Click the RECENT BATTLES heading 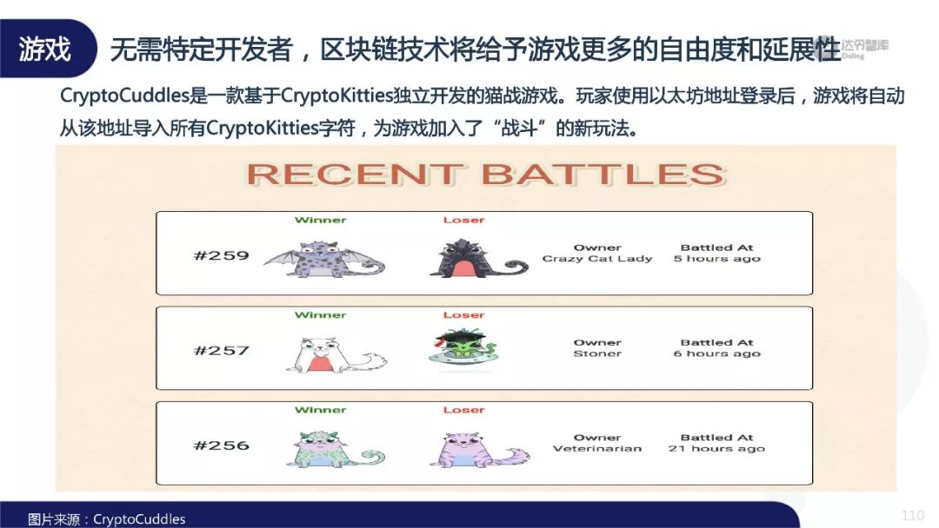click(486, 175)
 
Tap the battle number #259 click(221, 255)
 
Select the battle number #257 click(221, 350)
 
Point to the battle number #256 click(221, 445)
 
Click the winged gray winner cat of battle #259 click(324, 259)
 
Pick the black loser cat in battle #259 click(477, 258)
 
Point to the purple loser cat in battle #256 click(479, 450)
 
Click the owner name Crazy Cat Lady click(597, 259)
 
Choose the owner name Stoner click(597, 353)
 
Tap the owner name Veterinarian click(597, 448)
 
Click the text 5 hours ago click(716, 259)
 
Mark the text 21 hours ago click(716, 448)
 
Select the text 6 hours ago click(716, 353)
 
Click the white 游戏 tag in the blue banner click(44, 49)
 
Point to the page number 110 click(913, 516)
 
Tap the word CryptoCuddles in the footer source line click(139, 519)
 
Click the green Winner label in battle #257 click(320, 315)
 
